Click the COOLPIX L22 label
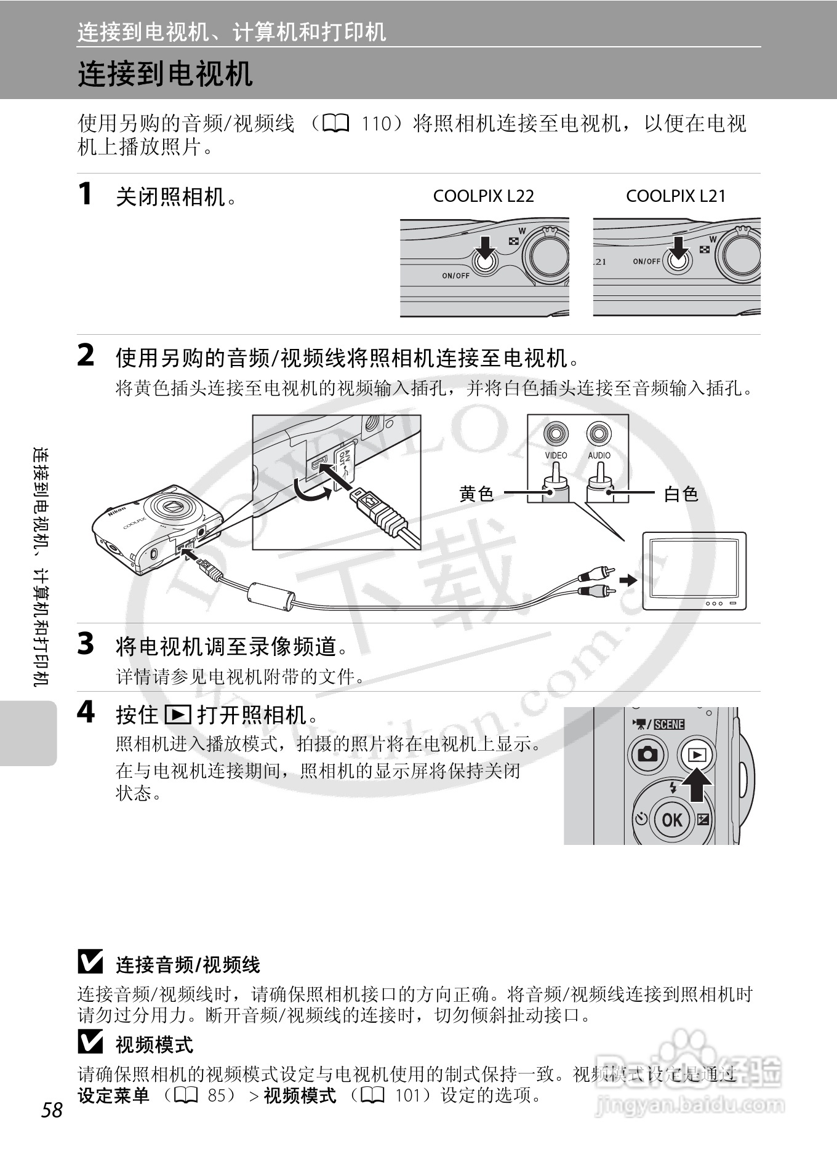coord(483,196)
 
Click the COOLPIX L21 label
coord(676,196)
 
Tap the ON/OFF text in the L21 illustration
coord(646,262)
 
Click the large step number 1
coord(86,194)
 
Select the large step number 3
coord(86,644)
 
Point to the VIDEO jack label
coord(556,455)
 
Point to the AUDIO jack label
coord(599,455)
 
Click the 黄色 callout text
coord(476,494)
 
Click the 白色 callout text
coord(681,494)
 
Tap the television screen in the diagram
coord(694,567)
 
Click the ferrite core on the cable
coord(271,596)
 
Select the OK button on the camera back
coord(671,820)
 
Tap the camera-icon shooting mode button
coord(647,754)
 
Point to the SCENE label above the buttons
coord(668,724)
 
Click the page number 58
coord(52,1110)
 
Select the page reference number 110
coord(376,124)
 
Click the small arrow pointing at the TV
coord(628,580)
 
